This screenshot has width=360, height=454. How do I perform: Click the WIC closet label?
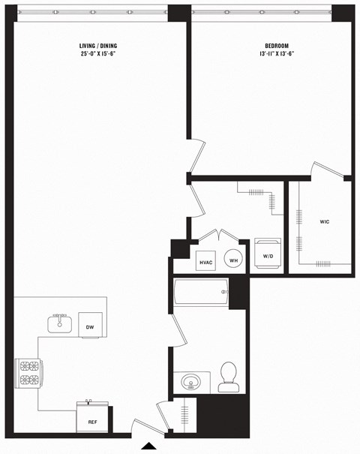[324, 222]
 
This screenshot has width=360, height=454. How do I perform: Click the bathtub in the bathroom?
[201, 292]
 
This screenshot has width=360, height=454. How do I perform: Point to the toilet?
[228, 377]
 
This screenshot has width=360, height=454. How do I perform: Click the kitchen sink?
[59, 324]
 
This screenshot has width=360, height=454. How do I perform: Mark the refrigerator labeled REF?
[93, 417]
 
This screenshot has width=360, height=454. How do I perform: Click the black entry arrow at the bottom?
[149, 448]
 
